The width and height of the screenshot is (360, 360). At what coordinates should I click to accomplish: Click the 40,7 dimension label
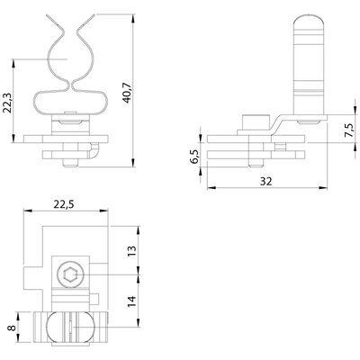click(x=127, y=93)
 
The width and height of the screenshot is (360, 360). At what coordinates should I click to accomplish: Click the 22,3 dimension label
click(x=7, y=103)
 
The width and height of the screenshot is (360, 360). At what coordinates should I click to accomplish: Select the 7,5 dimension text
click(x=349, y=130)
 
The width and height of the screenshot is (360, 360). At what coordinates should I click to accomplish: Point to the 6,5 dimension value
click(x=194, y=157)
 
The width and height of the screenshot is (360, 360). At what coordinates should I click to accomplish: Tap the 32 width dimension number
click(x=266, y=181)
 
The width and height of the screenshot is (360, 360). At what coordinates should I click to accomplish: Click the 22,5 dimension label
click(x=64, y=204)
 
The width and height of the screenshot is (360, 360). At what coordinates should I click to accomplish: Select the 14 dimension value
click(x=131, y=301)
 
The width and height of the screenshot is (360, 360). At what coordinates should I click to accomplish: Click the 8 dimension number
click(x=12, y=327)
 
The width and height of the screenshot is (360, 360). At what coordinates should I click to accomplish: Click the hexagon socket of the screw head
click(x=70, y=274)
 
